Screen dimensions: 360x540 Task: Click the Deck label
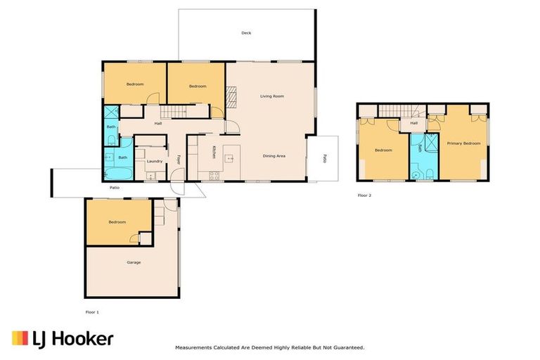(x=246, y=33)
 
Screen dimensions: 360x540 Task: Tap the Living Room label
(x=271, y=96)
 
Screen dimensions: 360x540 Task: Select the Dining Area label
(x=274, y=155)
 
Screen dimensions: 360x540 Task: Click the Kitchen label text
(x=214, y=151)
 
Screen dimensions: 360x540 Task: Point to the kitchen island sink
(x=229, y=157)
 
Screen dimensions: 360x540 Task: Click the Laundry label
(x=155, y=161)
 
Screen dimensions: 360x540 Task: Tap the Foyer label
(x=179, y=159)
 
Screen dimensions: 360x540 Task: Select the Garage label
(x=134, y=262)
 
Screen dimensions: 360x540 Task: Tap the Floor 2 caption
(x=364, y=195)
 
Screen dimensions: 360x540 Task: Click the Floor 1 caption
(x=91, y=310)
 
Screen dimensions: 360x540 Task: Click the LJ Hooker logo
(x=63, y=339)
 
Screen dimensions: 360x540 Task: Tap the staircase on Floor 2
(x=398, y=110)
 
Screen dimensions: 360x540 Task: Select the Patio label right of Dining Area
(x=324, y=158)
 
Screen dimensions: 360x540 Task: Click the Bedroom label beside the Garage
(x=117, y=222)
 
